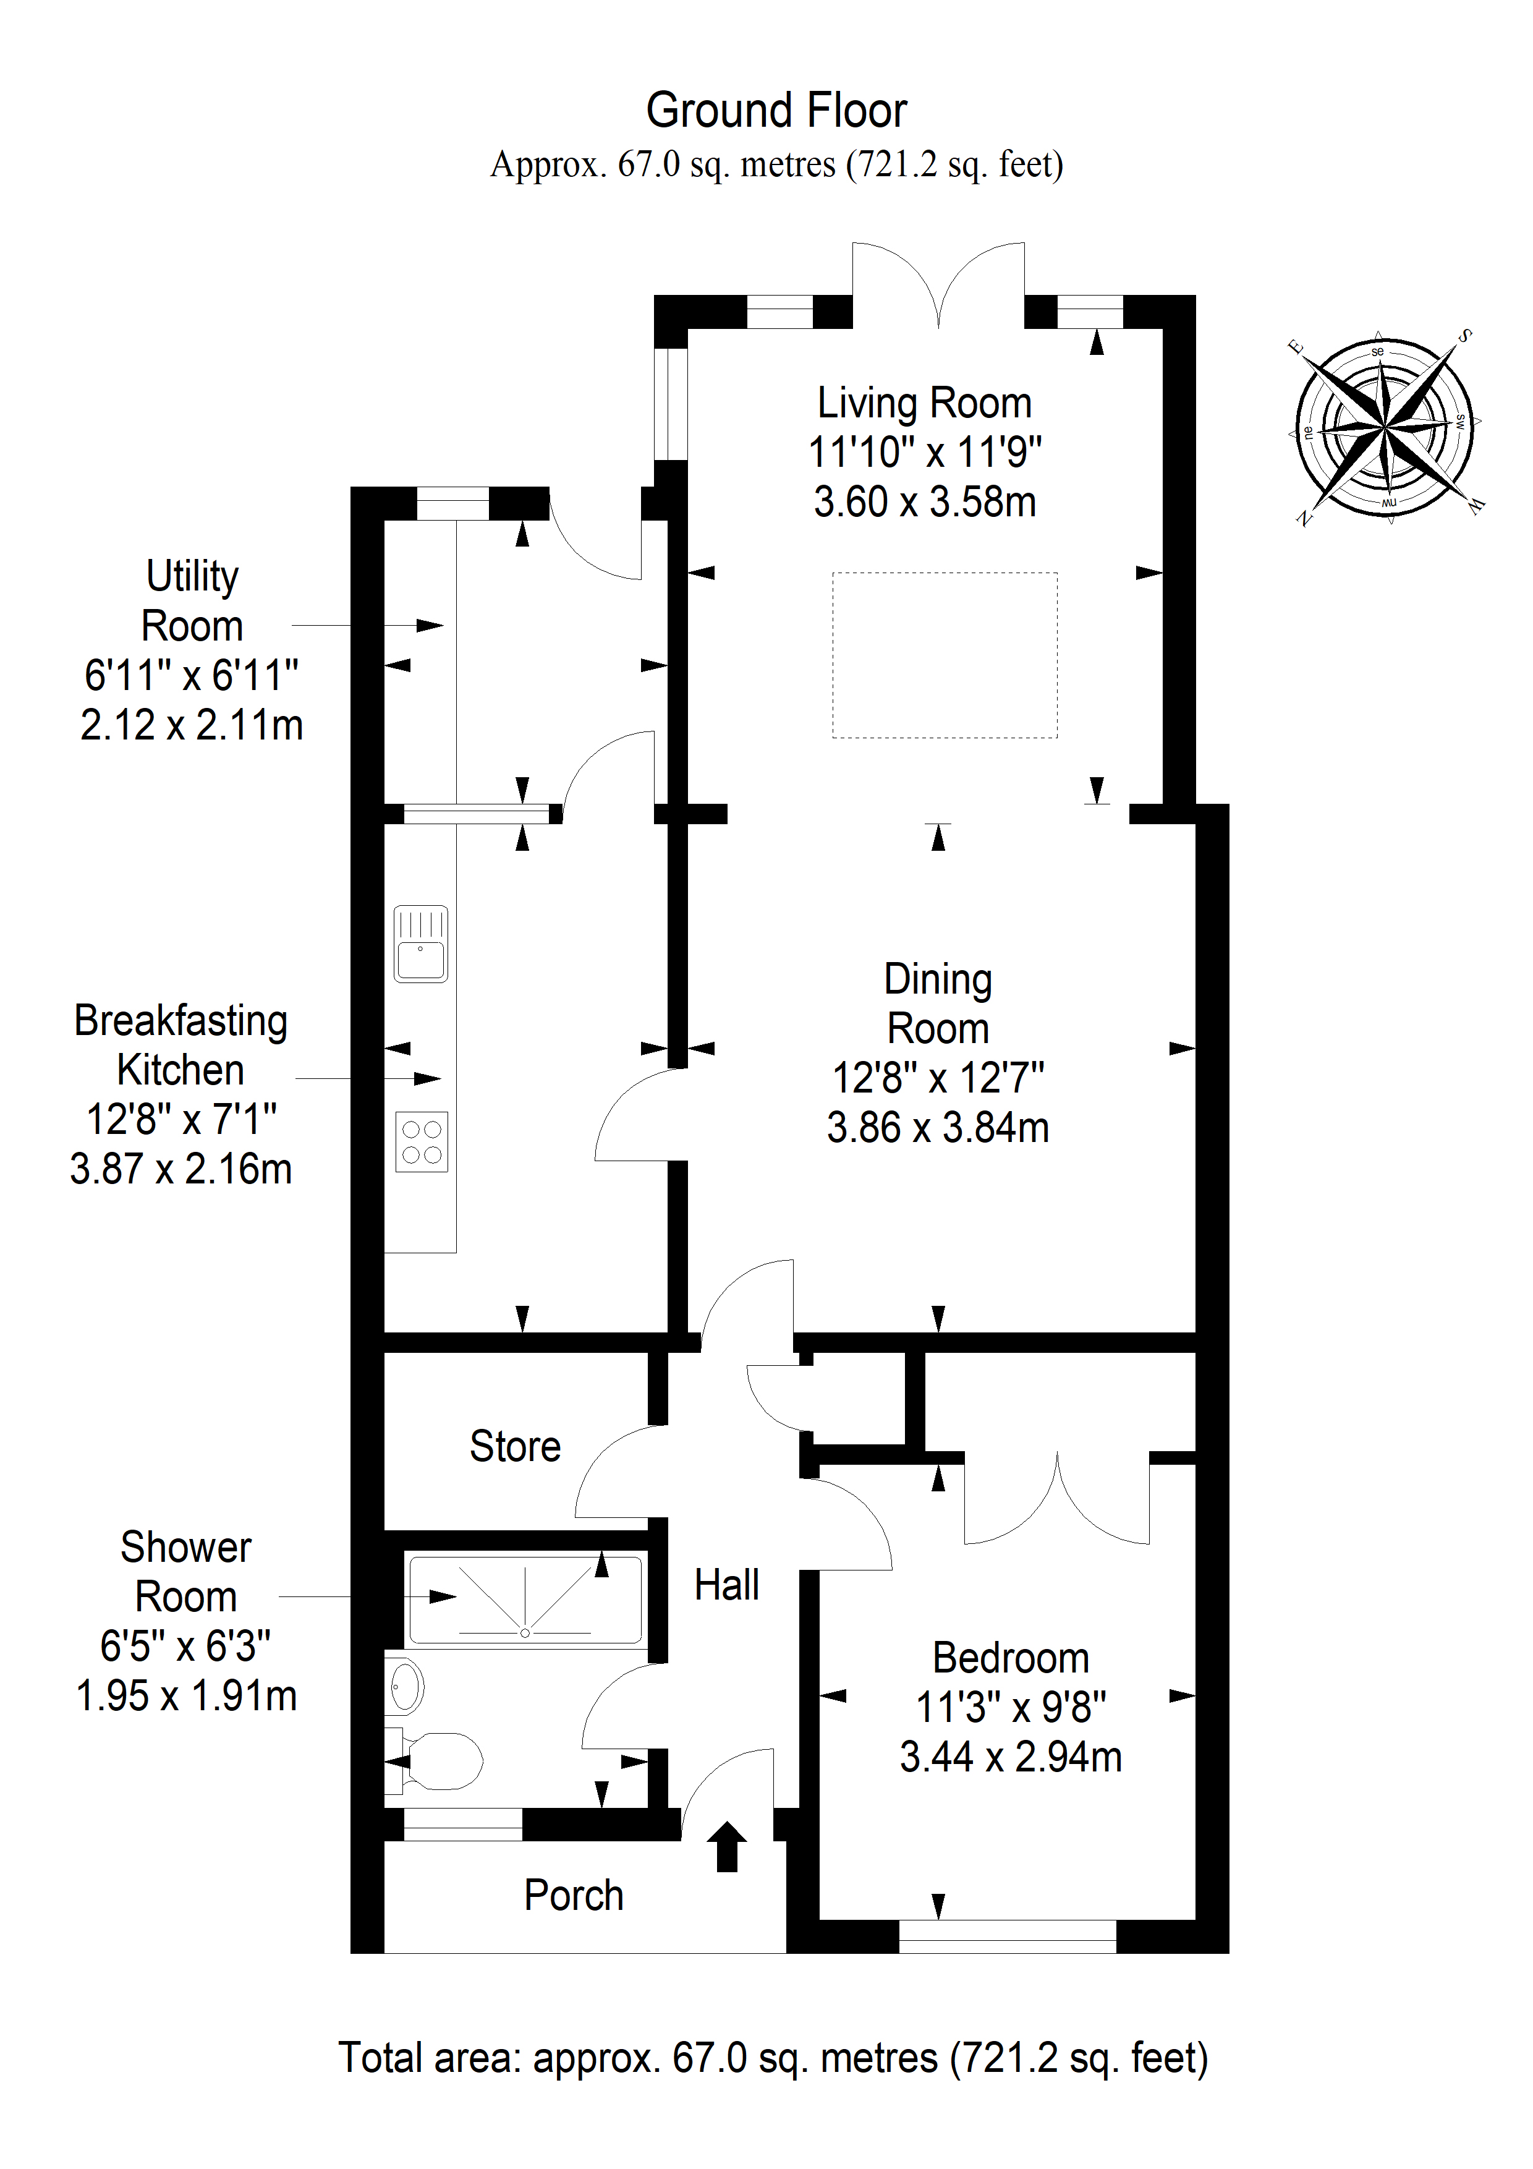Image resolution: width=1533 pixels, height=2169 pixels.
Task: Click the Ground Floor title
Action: tap(776, 111)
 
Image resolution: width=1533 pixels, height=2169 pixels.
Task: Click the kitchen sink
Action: tap(420, 944)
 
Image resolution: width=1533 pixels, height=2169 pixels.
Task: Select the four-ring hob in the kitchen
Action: tap(422, 1142)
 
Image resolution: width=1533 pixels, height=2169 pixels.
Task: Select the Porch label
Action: tap(574, 1896)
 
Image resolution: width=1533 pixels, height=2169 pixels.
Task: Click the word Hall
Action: tap(726, 1585)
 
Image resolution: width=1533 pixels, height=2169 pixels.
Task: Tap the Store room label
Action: tap(515, 1446)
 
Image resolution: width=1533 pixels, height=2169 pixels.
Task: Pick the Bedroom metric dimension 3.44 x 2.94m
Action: tap(1011, 1757)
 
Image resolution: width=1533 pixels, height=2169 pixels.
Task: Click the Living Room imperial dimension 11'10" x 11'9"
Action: tap(925, 453)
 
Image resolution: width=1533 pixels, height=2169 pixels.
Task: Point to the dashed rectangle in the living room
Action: tap(945, 655)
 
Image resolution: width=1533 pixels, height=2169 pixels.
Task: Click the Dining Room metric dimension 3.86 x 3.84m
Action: tap(938, 1127)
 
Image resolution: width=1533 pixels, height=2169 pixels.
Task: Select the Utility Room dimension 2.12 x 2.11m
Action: tap(192, 725)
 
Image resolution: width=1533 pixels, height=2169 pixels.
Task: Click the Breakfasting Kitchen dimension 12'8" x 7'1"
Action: tap(181, 1120)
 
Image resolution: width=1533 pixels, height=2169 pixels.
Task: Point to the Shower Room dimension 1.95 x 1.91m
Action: tap(186, 1696)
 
